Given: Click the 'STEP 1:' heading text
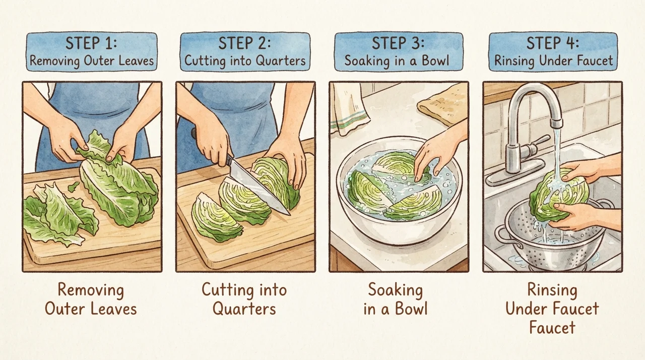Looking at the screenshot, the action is click(x=91, y=43).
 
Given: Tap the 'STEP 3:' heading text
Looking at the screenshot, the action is click(x=398, y=43).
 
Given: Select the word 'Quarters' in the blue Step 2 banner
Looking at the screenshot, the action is click(x=281, y=61).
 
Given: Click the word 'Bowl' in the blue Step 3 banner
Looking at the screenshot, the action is click(x=435, y=61).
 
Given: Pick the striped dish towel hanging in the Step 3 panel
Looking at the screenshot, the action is click(x=349, y=109).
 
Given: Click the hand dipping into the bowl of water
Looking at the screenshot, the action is click(x=438, y=153).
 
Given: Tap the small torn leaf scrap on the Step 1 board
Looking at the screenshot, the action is click(x=74, y=187).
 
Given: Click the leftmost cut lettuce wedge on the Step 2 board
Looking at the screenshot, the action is click(x=215, y=217).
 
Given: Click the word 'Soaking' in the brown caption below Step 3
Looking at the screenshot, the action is click(x=396, y=290).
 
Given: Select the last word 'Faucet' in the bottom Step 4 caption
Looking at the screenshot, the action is click(x=552, y=327).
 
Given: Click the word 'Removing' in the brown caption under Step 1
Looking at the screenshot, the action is click(x=91, y=290).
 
